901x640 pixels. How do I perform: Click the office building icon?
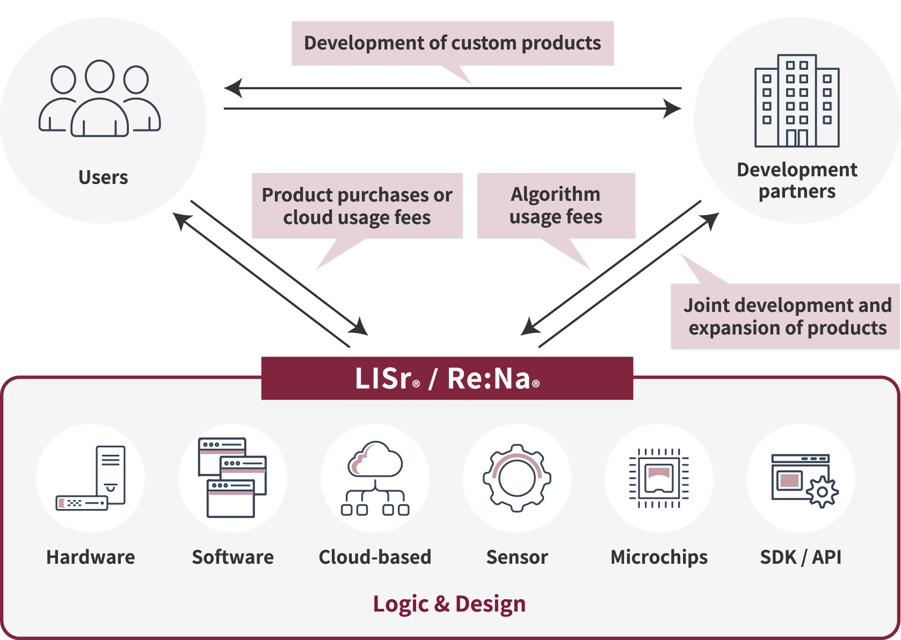[797, 101]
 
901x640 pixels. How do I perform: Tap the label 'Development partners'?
[797, 180]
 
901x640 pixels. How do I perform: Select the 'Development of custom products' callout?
[453, 43]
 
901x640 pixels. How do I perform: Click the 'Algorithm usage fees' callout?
[556, 206]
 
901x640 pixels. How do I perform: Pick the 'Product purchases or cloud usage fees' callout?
[357, 206]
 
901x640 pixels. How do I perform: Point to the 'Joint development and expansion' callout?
[787, 317]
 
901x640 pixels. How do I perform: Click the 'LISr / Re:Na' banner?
[447, 379]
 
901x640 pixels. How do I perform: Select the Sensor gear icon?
[517, 478]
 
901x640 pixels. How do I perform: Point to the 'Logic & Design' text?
[449, 604]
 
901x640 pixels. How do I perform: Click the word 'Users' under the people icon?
[103, 178]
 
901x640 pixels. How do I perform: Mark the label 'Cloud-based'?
[375, 557]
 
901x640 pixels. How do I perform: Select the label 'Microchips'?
[659, 557]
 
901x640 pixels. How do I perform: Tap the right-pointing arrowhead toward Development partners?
[672, 108]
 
